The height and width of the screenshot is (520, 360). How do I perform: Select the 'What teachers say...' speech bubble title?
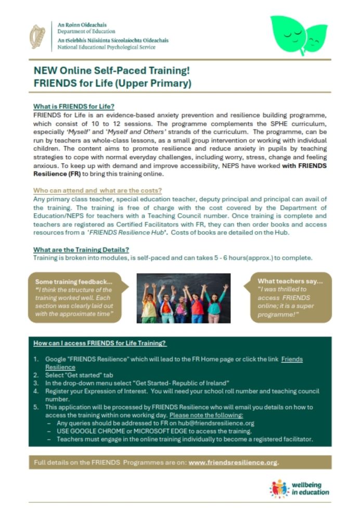(x=290, y=281)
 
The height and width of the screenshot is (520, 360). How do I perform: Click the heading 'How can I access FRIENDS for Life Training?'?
(x=100, y=343)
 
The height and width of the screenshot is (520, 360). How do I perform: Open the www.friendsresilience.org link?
(x=234, y=462)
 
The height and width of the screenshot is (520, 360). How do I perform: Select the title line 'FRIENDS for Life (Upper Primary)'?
(x=112, y=83)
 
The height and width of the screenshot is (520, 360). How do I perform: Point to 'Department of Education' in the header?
(x=86, y=32)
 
